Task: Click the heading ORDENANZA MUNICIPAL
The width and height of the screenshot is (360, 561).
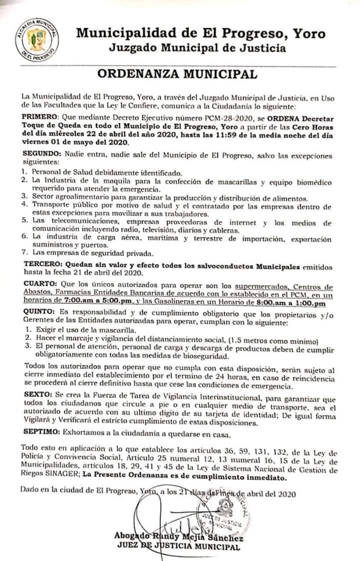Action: point(177,74)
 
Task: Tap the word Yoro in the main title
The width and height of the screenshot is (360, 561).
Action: point(309,33)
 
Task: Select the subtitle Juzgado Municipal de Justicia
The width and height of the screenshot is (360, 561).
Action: point(197,48)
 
